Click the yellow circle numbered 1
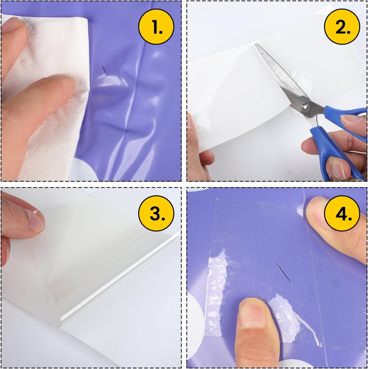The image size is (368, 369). tap(156, 27)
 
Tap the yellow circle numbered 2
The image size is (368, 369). tap(342, 26)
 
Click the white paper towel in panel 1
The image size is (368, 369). tap(48, 96)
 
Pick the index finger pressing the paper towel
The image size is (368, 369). tap(38, 100)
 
